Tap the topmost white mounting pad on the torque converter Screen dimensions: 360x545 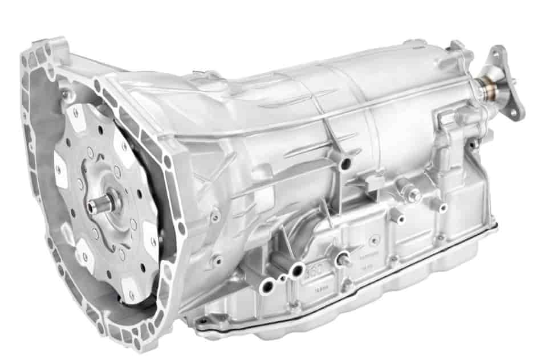tap(75, 116)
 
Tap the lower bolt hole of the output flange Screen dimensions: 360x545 tap(514, 113)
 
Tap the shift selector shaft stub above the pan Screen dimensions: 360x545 tap(343, 260)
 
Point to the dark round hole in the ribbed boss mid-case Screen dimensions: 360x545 tap(344, 166)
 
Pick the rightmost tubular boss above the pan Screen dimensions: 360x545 tap(439, 205)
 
